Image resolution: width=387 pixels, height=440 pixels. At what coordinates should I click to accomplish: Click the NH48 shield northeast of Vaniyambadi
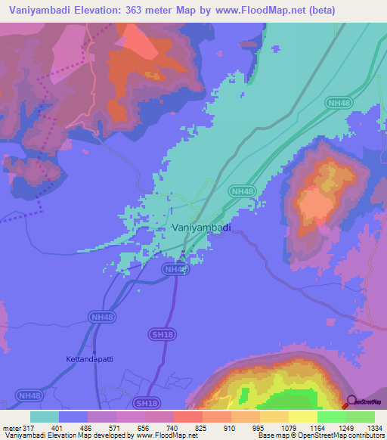coord(242,192)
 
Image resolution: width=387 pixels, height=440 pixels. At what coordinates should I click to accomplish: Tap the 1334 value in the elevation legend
coord(374,427)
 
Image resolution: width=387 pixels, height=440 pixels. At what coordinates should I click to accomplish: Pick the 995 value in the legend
coord(259,427)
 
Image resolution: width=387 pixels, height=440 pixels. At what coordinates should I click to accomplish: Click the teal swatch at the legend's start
coord(45,417)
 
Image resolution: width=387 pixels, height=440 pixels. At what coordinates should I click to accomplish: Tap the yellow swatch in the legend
coord(303,417)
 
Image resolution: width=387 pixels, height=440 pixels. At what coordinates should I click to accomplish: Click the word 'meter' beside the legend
coord(11,427)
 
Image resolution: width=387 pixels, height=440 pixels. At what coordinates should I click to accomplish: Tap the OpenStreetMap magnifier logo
coord(351,401)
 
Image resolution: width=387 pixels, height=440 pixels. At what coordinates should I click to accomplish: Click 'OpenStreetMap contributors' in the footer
coord(345,435)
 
